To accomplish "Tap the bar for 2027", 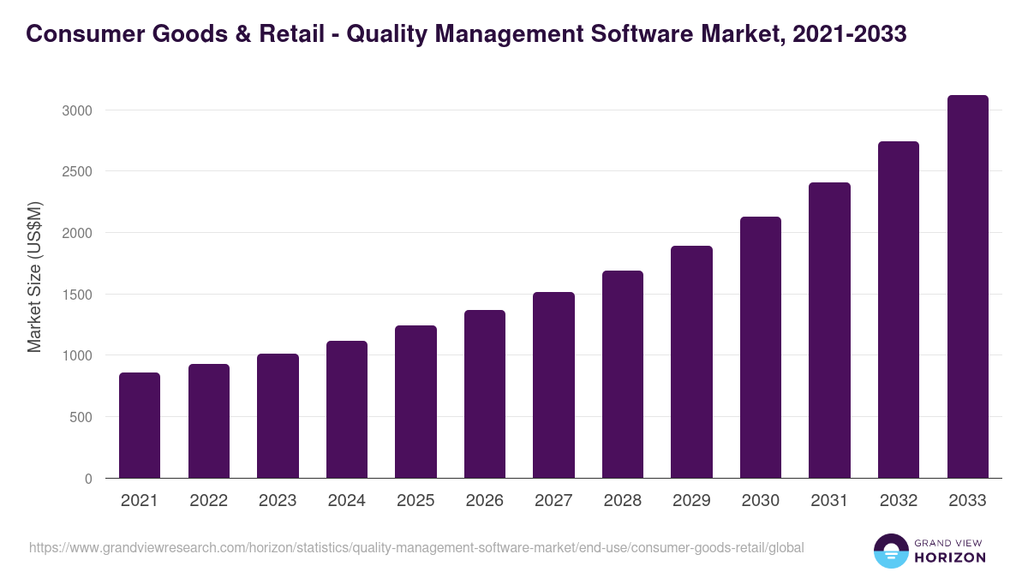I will [553, 385].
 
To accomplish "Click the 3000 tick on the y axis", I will [76, 110].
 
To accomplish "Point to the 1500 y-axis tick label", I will [76, 295].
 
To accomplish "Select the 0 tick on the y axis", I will [88, 479].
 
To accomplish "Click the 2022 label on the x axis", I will [208, 501].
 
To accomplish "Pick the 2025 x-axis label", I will [415, 501].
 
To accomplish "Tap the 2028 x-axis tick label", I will [623, 501].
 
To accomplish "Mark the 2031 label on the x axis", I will [829, 501].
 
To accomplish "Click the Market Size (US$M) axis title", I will [34, 276].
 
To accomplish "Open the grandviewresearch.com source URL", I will [416, 547].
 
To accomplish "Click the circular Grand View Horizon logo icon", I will [891, 551].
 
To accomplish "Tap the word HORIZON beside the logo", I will [950, 557].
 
